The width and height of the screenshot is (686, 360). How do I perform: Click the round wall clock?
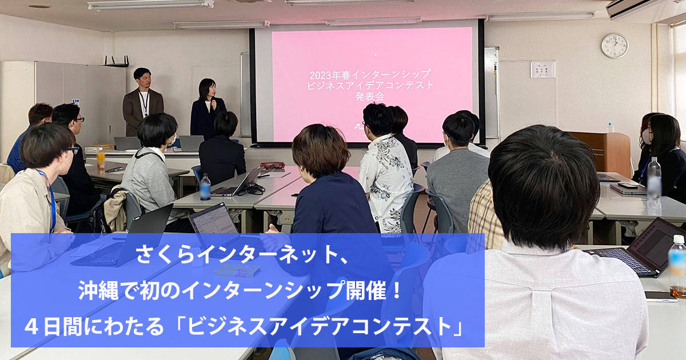pyautogui.click(x=615, y=46)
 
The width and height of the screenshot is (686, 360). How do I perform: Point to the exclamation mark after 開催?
pyautogui.click(x=397, y=290)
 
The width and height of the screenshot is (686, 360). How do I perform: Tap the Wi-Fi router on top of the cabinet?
pyautogui.click(x=117, y=61)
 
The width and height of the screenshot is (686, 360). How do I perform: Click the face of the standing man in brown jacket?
pyautogui.click(x=144, y=79)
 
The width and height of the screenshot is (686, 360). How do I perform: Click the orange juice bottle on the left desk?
pyautogui.click(x=101, y=159)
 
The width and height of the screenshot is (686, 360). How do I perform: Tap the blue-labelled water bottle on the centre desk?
pyautogui.click(x=205, y=187)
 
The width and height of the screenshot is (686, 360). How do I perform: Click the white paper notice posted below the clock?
pyautogui.click(x=543, y=70)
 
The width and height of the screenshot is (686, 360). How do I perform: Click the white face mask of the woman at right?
pyautogui.click(x=647, y=137)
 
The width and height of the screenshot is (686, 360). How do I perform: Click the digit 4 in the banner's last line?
pyautogui.click(x=31, y=327)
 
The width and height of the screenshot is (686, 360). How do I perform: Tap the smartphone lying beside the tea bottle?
pyautogui.click(x=661, y=297)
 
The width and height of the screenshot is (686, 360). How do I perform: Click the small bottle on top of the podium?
pyautogui.click(x=611, y=127)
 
